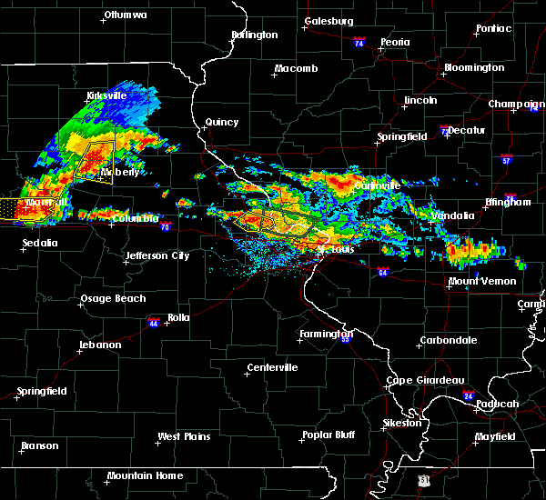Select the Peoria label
(x=395, y=43)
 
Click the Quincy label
(x=222, y=123)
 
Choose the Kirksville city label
(x=106, y=95)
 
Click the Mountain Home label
(x=145, y=475)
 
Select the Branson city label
(x=40, y=446)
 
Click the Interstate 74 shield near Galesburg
(x=359, y=43)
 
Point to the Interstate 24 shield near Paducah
(x=468, y=395)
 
